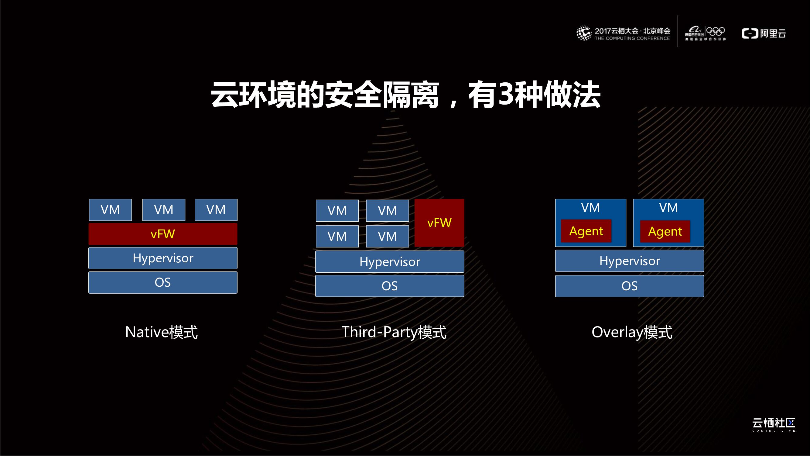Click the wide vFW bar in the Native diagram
[162, 234]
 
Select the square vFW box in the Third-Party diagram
[439, 223]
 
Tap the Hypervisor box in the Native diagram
[162, 258]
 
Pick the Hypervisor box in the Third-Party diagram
[390, 261]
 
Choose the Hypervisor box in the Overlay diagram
[630, 261]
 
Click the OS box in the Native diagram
[162, 282]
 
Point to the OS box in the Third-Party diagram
[390, 286]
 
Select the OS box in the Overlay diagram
[630, 286]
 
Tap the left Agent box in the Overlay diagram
[586, 231]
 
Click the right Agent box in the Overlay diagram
[665, 231]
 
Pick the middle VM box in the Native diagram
[163, 209]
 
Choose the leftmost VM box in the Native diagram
[110, 209]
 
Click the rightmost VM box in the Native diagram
[216, 209]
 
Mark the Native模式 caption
[161, 332]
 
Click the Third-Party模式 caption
[394, 332]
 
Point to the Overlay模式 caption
[632, 332]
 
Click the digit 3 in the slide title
[507, 94]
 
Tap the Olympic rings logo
[715, 32]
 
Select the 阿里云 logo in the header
[764, 33]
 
